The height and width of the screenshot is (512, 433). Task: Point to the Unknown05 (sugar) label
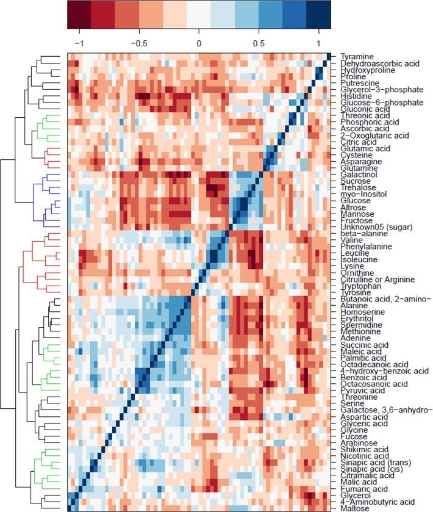370,227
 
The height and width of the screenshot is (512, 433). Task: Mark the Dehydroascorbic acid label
374,63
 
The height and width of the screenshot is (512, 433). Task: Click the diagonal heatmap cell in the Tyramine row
328,56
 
